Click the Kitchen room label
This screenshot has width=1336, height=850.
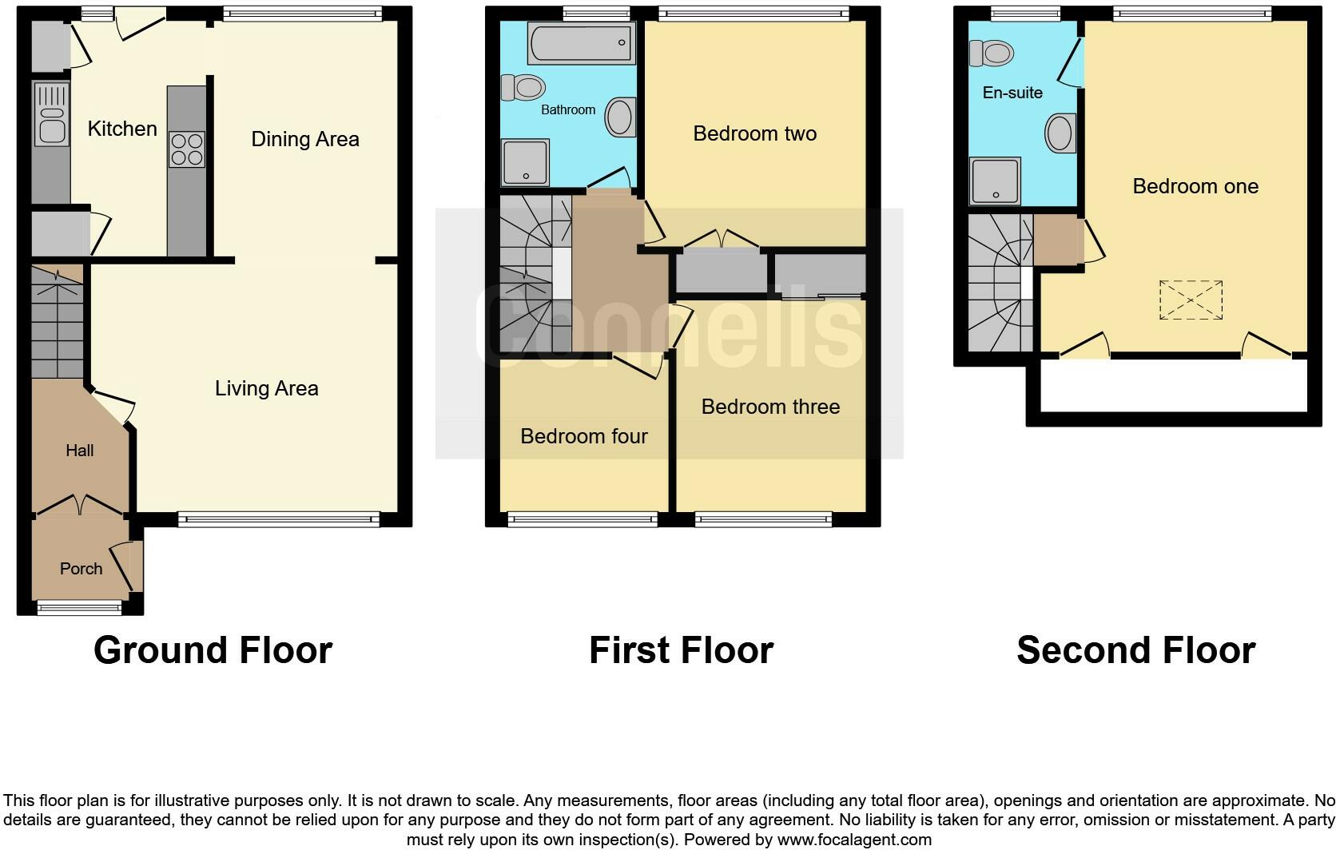[122, 129]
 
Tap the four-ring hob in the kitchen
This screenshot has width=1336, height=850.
[186, 149]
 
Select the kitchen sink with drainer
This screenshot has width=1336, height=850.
[51, 116]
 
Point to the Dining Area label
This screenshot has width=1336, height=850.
[305, 139]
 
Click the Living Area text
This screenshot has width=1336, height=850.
[266, 388]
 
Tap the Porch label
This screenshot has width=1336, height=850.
[82, 569]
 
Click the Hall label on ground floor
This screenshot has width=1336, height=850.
[79, 451]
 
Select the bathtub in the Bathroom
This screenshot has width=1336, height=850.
[580, 42]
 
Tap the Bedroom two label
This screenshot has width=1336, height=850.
[754, 133]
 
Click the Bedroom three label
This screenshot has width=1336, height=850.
[770, 407]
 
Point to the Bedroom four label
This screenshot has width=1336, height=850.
[583, 436]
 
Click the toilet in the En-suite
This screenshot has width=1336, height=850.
[991, 54]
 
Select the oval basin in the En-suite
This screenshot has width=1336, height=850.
[1060, 133]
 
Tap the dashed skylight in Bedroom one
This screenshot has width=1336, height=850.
[1191, 300]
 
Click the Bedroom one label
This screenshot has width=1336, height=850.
[1195, 186]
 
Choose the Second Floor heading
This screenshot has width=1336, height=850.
[1135, 650]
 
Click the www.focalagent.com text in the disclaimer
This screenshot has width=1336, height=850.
[853, 840]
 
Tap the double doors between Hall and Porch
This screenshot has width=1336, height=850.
[79, 504]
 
